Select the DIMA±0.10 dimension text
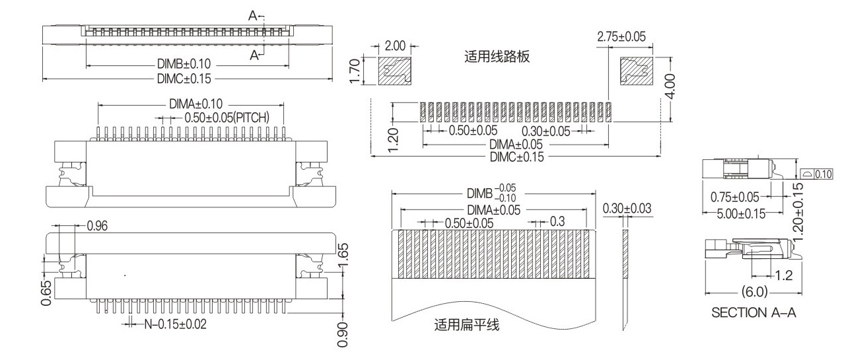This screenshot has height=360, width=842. [x=196, y=104]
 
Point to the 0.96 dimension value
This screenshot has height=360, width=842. [x=98, y=226]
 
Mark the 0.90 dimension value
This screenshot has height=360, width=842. [x=343, y=334]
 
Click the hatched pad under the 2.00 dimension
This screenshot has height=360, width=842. [x=395, y=71]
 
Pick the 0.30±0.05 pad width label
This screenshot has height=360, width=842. [x=550, y=131]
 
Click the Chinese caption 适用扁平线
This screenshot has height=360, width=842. [x=467, y=325]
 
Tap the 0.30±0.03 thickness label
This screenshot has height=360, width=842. [x=627, y=209]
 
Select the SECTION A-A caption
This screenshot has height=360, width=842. [x=754, y=312]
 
